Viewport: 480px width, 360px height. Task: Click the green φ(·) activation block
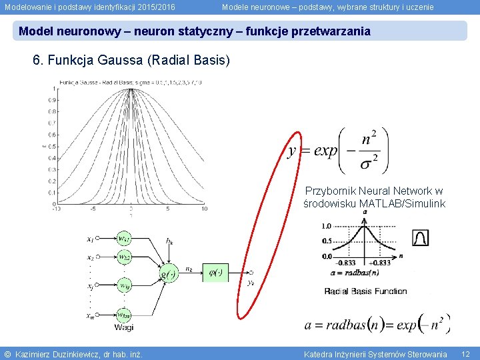coord(215,272)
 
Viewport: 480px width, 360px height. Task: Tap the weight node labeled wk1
coord(124,238)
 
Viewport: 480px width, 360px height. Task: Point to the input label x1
coord(91,239)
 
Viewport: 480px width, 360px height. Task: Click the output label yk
coord(251,281)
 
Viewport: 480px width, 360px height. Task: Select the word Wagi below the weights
coord(124,327)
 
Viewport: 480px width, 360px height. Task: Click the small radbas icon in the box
coord(421,237)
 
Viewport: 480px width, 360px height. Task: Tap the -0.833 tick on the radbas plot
coord(346,262)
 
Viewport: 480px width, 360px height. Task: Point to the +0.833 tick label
coord(381,262)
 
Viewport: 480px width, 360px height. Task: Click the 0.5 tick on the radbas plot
coord(327,241)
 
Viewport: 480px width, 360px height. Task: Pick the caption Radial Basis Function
coord(365,291)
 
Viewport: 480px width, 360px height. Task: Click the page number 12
coord(465,353)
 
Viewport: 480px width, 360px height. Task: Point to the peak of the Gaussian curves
coord(131,89)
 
